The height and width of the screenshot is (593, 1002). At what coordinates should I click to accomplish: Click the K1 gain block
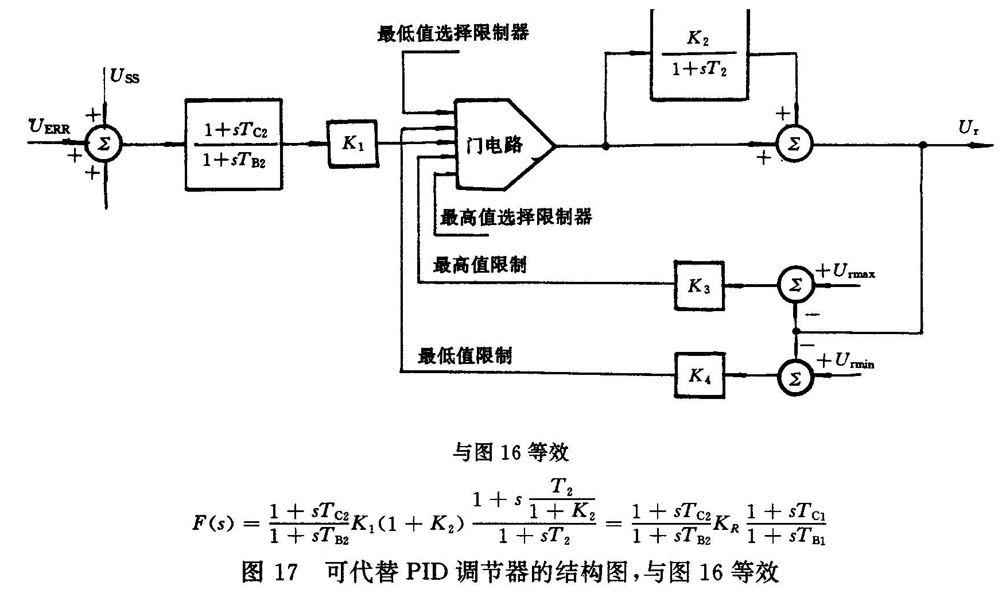point(352,144)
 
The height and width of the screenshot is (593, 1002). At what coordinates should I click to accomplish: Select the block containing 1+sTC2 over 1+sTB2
point(234,145)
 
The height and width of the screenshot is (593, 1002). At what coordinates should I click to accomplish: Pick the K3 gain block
point(699,285)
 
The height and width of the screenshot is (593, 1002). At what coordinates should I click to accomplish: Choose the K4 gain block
point(699,376)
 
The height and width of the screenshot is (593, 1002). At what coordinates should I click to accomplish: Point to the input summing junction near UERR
point(104,144)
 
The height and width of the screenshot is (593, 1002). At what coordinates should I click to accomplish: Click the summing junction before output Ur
point(795,145)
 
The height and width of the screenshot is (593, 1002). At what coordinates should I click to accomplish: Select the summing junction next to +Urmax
point(795,285)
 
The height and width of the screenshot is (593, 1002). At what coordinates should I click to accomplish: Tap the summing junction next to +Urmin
point(795,377)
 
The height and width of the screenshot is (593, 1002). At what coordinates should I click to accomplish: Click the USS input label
point(125,76)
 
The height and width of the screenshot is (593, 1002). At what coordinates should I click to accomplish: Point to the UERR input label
point(49,126)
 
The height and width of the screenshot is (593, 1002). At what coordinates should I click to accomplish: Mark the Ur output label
point(968,128)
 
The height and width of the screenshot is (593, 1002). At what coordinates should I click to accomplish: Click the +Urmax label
point(846,272)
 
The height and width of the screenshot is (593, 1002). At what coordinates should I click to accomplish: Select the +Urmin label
point(846,362)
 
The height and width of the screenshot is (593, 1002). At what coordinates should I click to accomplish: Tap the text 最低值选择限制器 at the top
point(453,33)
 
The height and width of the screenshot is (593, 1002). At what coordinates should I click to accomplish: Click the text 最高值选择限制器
point(515,217)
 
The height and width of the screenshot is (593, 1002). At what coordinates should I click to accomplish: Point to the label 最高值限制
point(480,265)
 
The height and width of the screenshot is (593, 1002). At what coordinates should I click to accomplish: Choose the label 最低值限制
point(465,356)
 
